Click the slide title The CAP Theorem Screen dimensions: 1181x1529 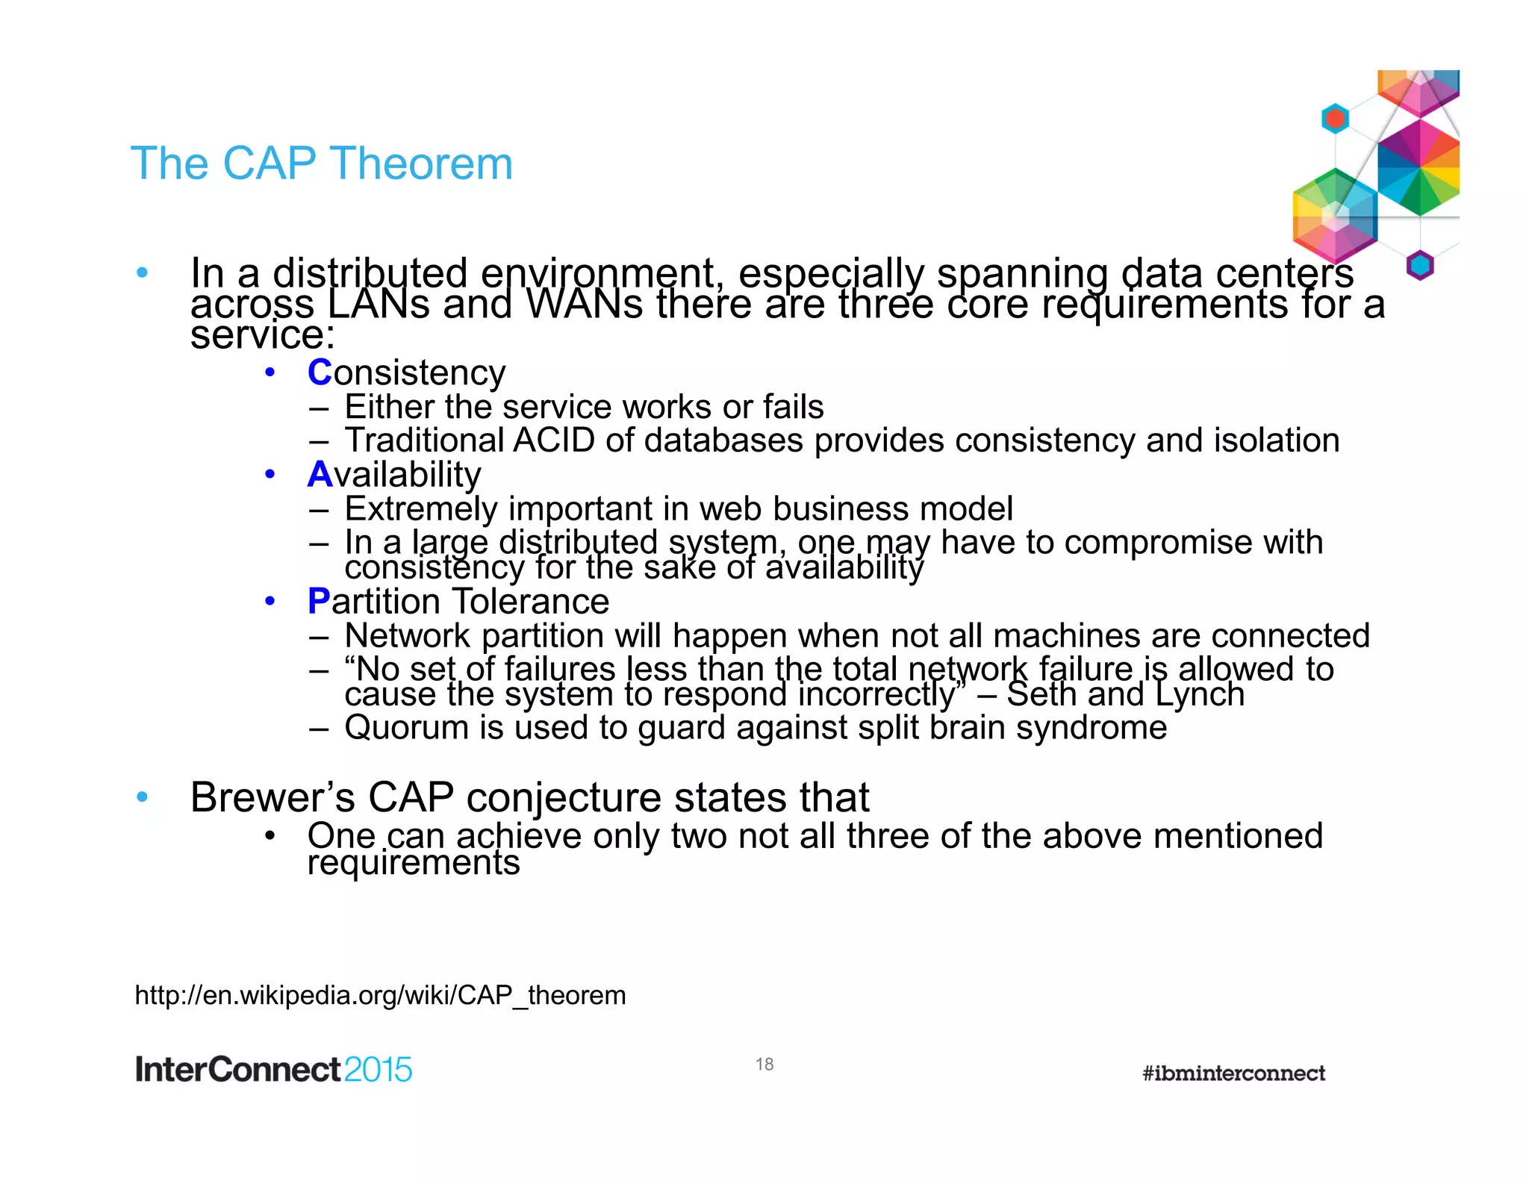pos(322,163)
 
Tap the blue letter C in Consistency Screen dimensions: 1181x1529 pos(319,372)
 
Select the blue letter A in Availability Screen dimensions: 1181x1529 pos(320,474)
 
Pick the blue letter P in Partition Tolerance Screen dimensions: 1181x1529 pos(318,601)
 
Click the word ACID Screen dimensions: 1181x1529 pos(554,440)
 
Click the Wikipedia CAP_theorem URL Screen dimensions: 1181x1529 pos(380,995)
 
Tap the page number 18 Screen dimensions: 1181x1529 pos(764,1064)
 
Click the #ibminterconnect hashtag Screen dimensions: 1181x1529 pos(1233,1073)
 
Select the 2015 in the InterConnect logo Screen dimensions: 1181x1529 pos(378,1070)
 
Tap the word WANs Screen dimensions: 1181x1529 pos(584,305)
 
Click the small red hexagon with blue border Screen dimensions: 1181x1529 pos(1335,119)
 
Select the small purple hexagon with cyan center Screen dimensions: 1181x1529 pos(1420,265)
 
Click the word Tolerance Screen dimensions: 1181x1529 pos(531,601)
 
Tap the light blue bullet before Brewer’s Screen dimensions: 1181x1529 pos(143,797)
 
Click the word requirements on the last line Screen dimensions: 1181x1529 pos(413,863)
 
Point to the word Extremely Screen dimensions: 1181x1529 pos(421,508)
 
